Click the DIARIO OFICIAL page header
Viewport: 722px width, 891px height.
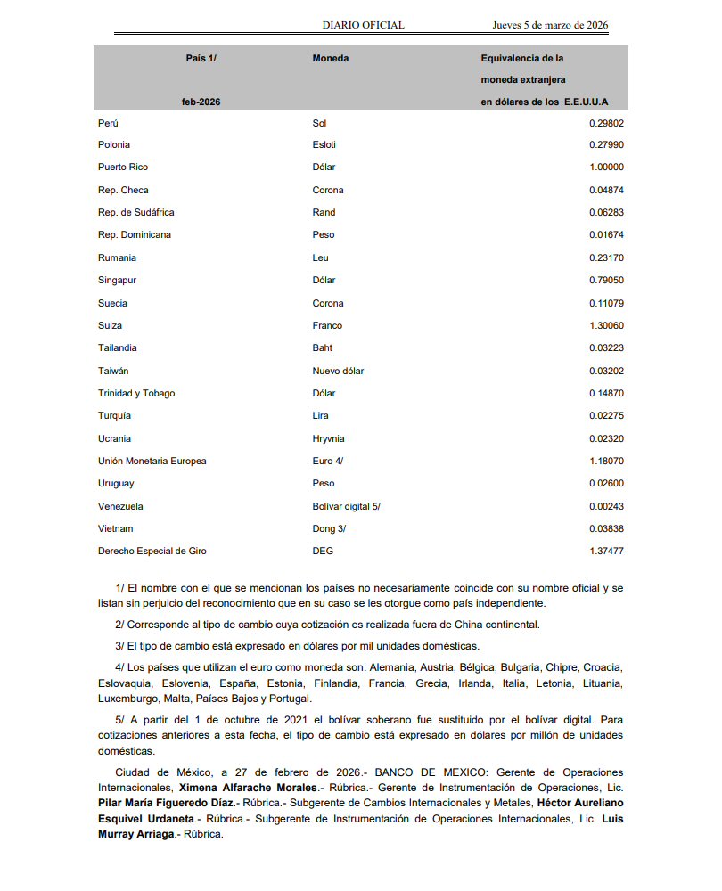pos(363,25)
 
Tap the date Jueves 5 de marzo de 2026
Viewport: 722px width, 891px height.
pos(550,25)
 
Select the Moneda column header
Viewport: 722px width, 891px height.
pos(330,59)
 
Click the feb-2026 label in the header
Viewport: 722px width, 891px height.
pos(201,102)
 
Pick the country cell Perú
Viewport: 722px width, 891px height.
pos(108,123)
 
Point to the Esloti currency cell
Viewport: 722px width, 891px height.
pos(324,144)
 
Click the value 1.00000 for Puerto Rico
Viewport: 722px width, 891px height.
pos(606,167)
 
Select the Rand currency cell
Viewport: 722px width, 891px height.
pos(324,212)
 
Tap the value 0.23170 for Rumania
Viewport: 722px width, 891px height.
pos(606,257)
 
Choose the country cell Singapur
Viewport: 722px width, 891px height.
pos(117,281)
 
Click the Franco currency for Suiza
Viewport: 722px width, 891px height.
pos(327,325)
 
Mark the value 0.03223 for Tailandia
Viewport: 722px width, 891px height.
pos(606,347)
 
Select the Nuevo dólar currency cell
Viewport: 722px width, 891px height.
pos(338,371)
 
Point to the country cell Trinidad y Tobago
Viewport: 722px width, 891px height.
pos(136,393)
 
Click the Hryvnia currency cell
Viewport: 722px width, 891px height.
pos(328,438)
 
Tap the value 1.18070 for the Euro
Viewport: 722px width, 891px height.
pos(606,461)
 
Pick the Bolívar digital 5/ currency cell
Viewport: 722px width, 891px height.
pos(346,506)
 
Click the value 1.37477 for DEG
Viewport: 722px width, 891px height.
pos(606,551)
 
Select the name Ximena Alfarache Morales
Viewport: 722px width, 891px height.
pos(248,789)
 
